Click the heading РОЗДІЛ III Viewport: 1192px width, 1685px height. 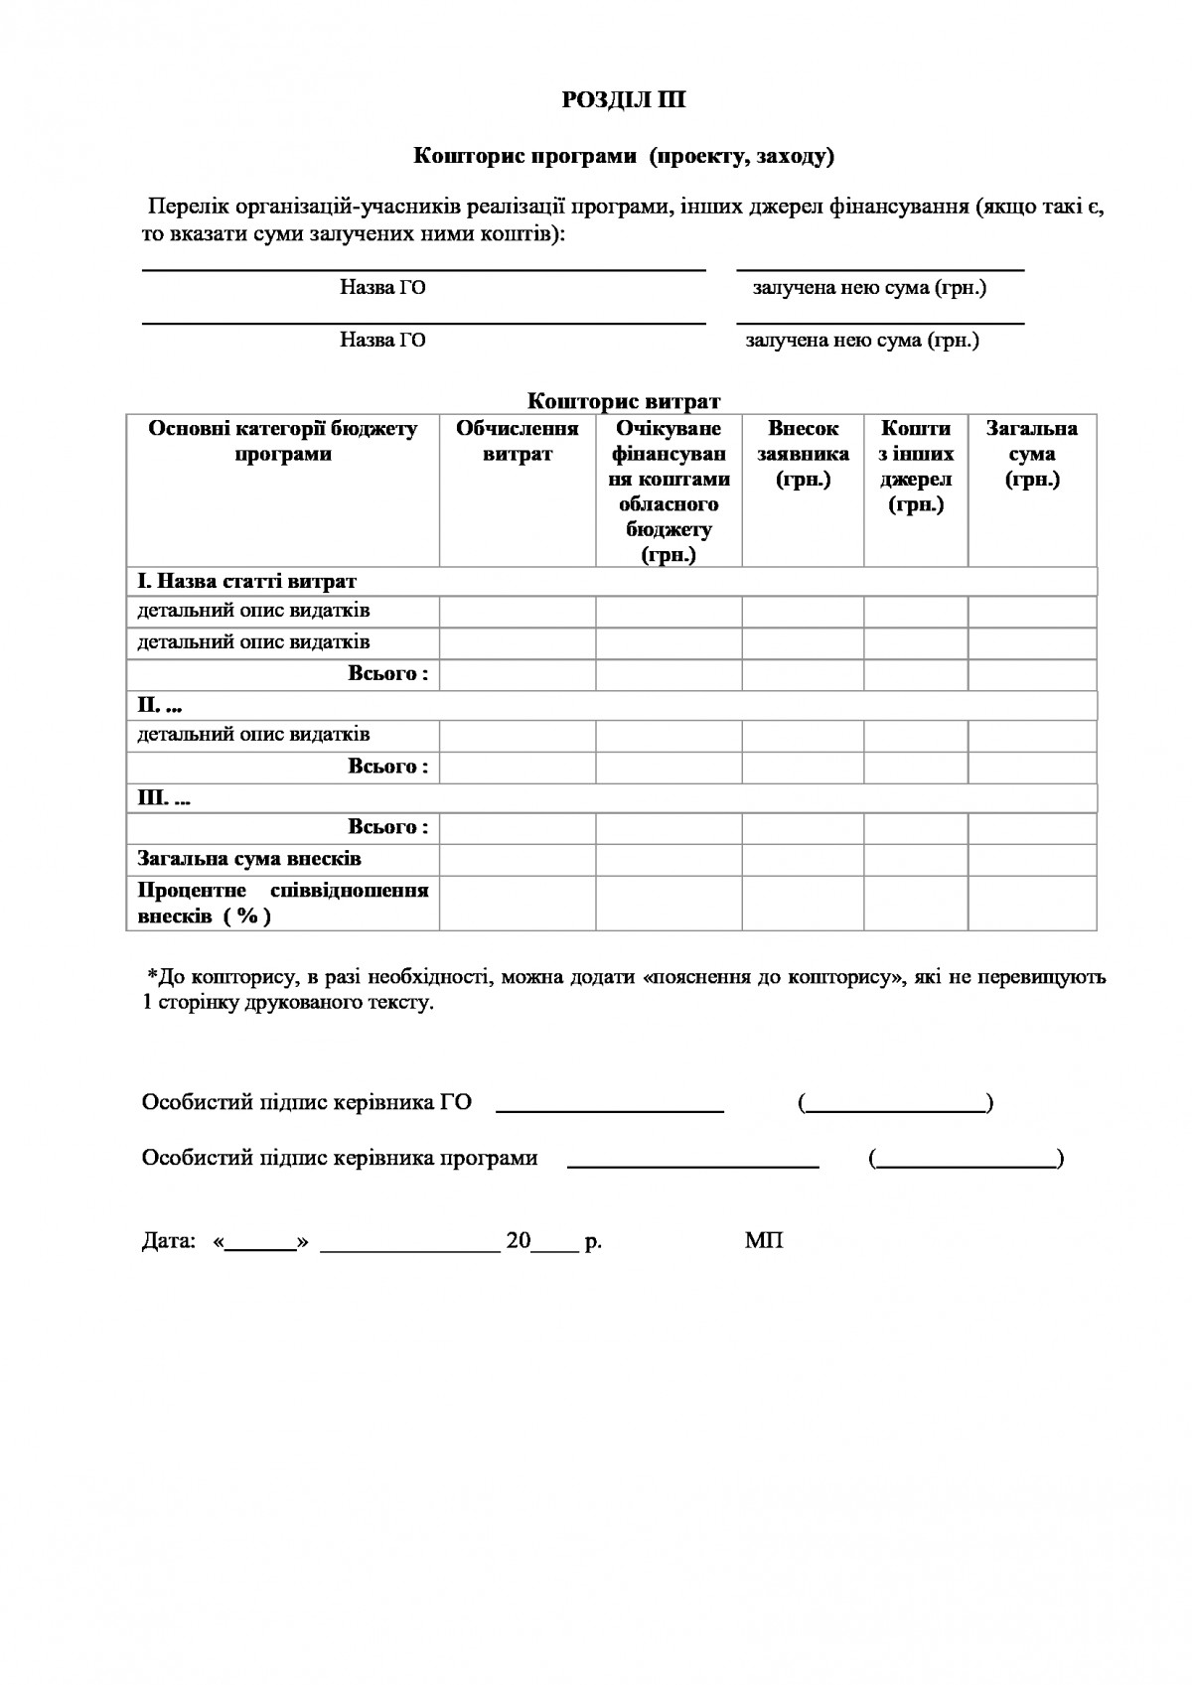[x=623, y=100]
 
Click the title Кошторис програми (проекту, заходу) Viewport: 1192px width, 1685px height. [x=623, y=156]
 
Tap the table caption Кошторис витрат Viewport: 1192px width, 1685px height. [x=623, y=401]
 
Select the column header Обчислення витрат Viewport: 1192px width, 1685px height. [x=517, y=441]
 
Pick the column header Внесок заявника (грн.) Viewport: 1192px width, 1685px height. [x=803, y=454]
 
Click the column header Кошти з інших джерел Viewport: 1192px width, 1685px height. [x=916, y=467]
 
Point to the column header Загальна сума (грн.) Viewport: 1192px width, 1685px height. [x=1032, y=454]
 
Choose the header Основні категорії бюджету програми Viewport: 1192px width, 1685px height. [x=283, y=441]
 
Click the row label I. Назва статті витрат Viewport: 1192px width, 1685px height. [x=247, y=581]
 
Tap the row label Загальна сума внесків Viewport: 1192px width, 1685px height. [x=249, y=859]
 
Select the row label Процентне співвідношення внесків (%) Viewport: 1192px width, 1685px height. [x=283, y=903]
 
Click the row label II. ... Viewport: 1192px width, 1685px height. [x=160, y=706]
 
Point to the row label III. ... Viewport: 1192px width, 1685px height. [x=164, y=798]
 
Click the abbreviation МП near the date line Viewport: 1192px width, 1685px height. [x=763, y=1241]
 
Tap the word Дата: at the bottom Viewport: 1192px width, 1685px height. [x=169, y=1241]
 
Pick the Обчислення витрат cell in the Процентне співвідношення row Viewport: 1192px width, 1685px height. [x=518, y=903]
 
